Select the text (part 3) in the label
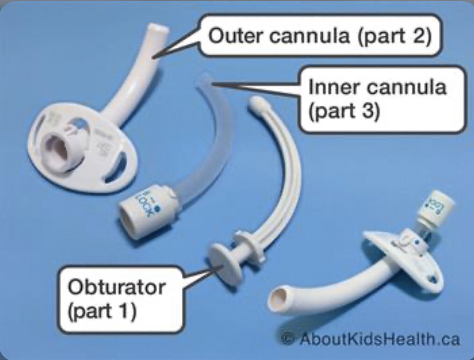tap(344, 112)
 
